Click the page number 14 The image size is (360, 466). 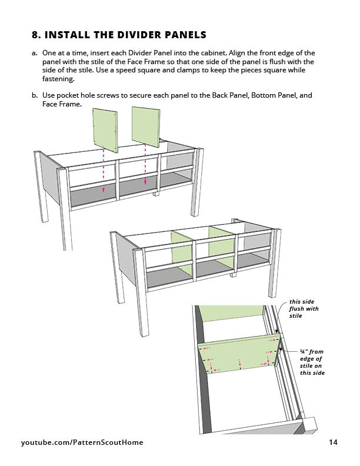333,442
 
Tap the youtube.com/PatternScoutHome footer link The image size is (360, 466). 82,442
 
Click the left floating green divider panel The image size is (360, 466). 104,128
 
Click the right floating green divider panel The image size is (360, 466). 146,125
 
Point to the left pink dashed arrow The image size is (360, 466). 104,171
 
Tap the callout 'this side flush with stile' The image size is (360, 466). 303,309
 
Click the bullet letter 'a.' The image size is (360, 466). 35,53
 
